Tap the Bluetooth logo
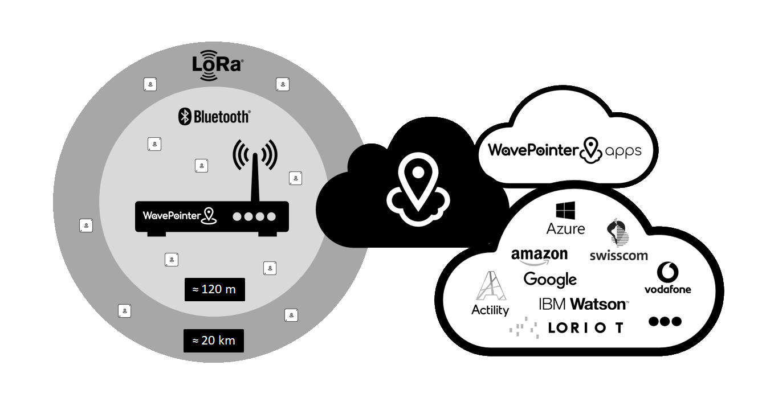[214, 117]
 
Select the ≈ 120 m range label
[214, 289]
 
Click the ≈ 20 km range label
[214, 341]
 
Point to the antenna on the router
[255, 171]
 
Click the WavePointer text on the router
[172, 215]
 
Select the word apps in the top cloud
[623, 151]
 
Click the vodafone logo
[667, 278]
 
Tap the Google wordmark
[550, 279]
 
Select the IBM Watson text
[583, 304]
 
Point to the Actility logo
[490, 293]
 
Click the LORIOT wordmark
[585, 327]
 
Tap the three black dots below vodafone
[665, 322]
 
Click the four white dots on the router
[255, 216]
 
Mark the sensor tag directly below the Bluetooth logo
[201, 166]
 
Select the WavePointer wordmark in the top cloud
[533, 150]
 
